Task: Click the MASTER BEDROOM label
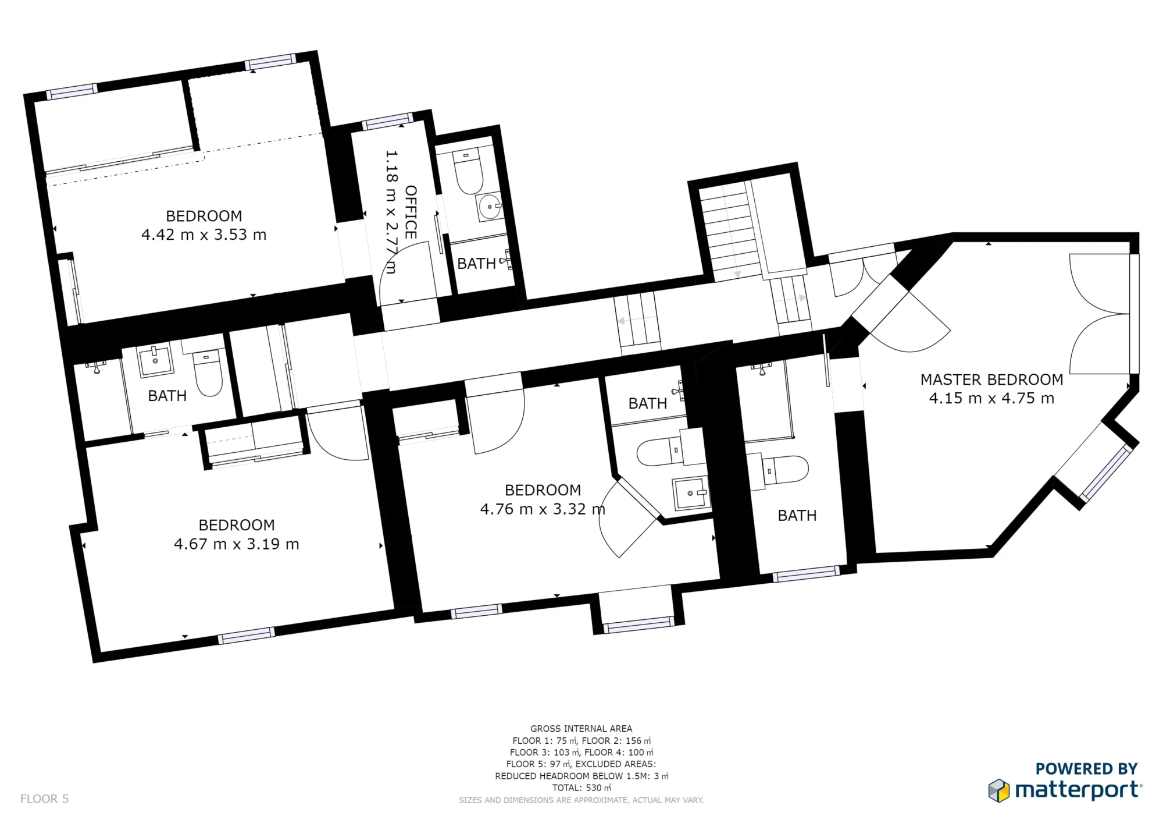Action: [x=991, y=379]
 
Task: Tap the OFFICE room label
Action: [x=411, y=212]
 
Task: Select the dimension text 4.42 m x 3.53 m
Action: [x=204, y=235]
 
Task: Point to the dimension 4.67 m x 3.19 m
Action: [x=236, y=544]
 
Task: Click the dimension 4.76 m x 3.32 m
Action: [x=542, y=509]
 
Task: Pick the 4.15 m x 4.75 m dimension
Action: [x=991, y=398]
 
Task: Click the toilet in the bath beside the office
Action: [x=468, y=172]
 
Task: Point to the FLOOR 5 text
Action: [x=44, y=799]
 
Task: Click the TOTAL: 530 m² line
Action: [x=581, y=787]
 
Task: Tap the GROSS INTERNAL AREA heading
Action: [x=581, y=728]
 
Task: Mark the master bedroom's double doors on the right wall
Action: [x=1099, y=314]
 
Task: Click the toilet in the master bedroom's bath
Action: [x=785, y=469]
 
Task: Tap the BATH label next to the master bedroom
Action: [x=797, y=516]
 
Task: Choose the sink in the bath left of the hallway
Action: [x=155, y=361]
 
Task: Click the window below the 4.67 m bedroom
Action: [x=246, y=636]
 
